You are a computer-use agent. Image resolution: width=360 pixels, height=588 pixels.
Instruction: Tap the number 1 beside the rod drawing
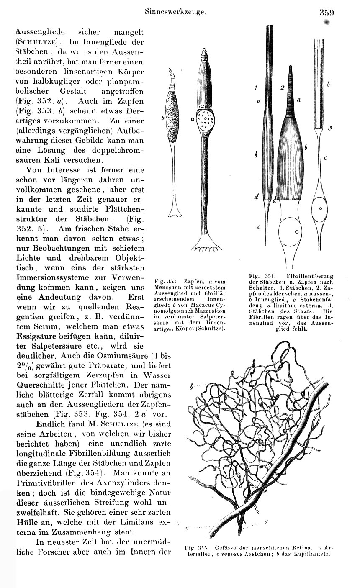255,88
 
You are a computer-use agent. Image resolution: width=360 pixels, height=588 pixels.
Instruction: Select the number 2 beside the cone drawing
283,88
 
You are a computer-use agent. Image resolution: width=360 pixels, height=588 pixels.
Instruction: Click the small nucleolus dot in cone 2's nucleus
297,231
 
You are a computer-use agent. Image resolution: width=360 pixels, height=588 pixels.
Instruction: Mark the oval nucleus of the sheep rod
320,208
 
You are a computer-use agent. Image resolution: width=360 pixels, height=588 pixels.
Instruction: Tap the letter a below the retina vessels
266,522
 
